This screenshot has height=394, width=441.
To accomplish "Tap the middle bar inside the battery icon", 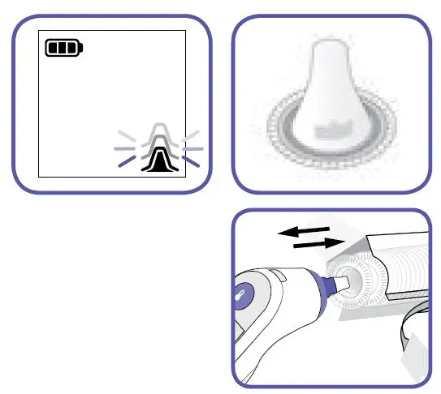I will (x=63, y=49).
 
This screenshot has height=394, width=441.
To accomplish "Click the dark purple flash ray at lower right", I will (x=191, y=161).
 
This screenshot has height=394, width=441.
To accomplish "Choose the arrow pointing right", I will (x=316, y=243).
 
